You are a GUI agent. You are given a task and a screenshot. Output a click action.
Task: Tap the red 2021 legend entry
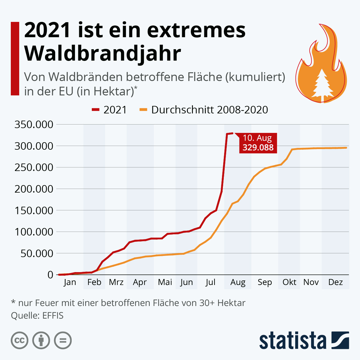[109, 110]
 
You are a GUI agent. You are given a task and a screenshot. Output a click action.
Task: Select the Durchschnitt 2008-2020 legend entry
[204, 110]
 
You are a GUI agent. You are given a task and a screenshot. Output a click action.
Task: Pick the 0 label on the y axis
[50, 274]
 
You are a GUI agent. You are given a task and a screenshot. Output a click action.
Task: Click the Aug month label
[238, 282]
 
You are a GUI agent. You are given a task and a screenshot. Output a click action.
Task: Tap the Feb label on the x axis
[94, 282]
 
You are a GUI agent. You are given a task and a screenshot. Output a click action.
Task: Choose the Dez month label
[335, 282]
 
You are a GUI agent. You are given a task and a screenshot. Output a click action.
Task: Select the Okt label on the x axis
[289, 282]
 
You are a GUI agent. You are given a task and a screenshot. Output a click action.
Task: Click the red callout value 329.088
[258, 148]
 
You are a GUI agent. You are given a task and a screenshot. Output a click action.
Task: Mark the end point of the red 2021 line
[232, 133]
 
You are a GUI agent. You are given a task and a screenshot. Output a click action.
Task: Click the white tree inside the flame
[321, 84]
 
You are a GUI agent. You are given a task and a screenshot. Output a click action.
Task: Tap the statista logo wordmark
[292, 341]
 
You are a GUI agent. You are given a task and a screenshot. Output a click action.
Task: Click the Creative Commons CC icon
[20, 340]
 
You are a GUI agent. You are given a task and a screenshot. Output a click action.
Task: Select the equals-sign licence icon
[63, 340]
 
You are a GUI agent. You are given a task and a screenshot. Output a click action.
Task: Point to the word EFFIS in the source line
[53, 316]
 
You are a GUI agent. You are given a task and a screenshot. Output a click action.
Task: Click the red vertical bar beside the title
[15, 58]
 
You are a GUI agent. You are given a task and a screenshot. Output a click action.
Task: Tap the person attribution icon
[41, 340]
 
